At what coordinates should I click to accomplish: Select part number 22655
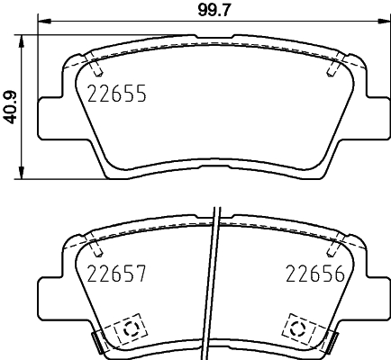pyautogui.click(x=116, y=93)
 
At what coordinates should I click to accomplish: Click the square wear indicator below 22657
pyautogui.click(x=128, y=328)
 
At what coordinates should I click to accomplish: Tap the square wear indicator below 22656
pyautogui.click(x=300, y=328)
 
